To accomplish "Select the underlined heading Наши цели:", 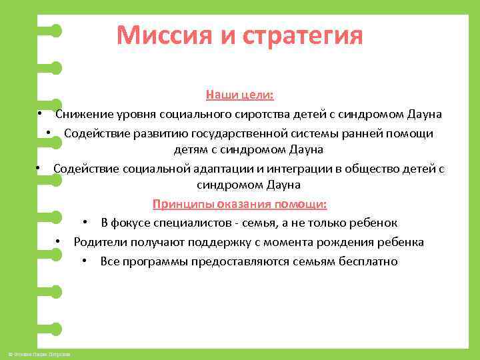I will click(239, 95).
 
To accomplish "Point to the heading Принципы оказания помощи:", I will click(239, 203).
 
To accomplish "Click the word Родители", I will click(99, 242).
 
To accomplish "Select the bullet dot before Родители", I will click(59, 242).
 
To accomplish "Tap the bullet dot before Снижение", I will click(41, 114).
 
